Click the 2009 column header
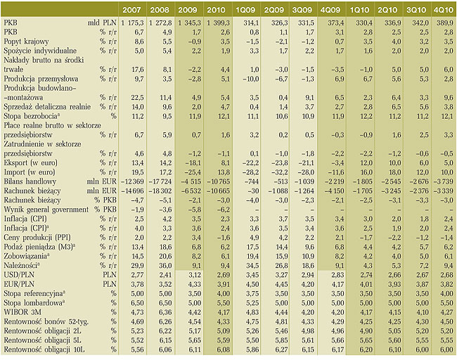pyautogui.click(x=188, y=10)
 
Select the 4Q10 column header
pyautogui.click(x=443, y=10)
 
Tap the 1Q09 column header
pyautogui.click(x=245, y=10)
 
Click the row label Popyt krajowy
pyautogui.click(x=26, y=41)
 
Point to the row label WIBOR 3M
pyautogui.click(x=22, y=312)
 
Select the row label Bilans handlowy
pyautogui.click(x=30, y=181)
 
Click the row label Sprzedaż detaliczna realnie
pyautogui.click(x=47, y=107)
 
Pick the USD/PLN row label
pyautogui.click(x=19, y=275)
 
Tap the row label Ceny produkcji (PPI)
pyautogui.click(x=37, y=238)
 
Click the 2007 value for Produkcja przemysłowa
pyautogui.click(x=139, y=79)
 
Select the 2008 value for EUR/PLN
pyautogui.click(x=166, y=284)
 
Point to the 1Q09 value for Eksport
pyautogui.click(x=251, y=163)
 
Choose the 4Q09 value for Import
pyautogui.click(x=335, y=172)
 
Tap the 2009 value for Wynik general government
pyautogui.click(x=194, y=210)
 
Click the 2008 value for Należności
pyautogui.click(x=166, y=266)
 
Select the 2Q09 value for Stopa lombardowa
pyautogui.click(x=282, y=303)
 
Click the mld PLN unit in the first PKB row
pyautogui.click(x=102, y=22)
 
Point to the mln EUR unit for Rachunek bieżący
pyautogui.click(x=102, y=191)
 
